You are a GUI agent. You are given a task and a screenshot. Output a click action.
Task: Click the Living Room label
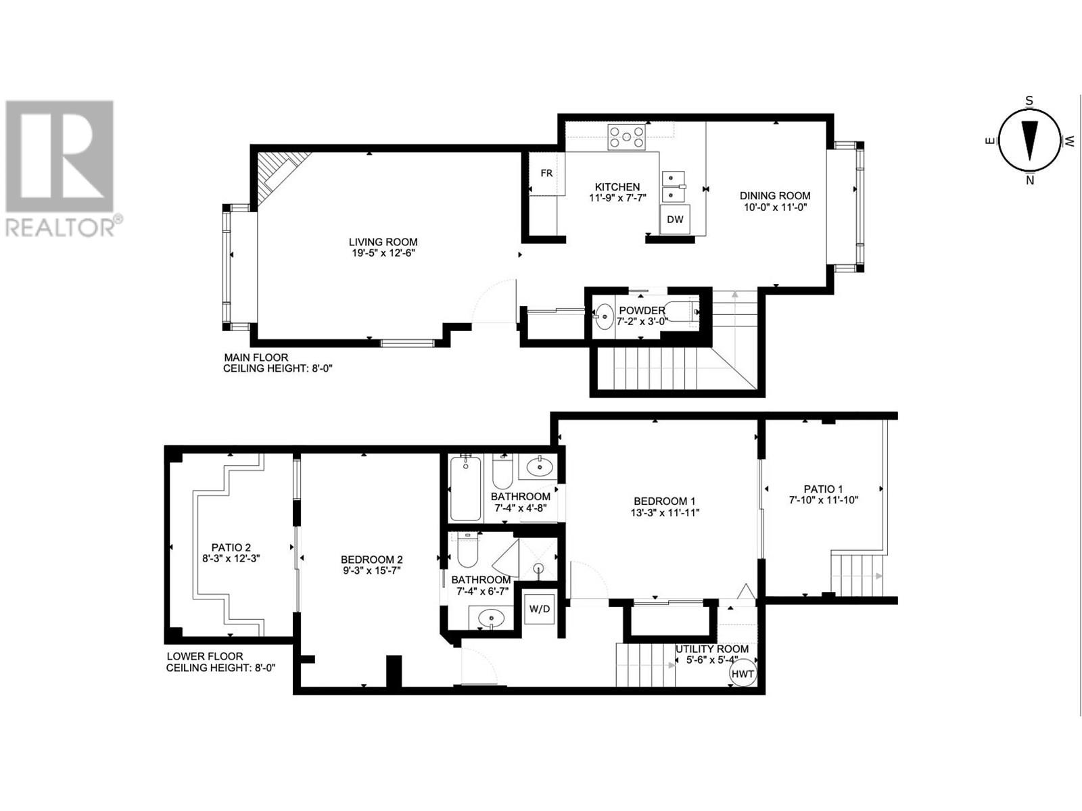[x=383, y=242]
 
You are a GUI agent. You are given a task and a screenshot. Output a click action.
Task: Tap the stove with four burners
[x=627, y=138]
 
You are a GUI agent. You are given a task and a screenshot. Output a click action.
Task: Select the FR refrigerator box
[x=546, y=174]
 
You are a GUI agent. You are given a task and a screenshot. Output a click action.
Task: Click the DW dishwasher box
[x=675, y=220]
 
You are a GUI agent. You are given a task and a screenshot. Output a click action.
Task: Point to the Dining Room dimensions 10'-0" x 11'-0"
[x=774, y=207]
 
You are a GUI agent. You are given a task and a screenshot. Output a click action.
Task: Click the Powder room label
[x=641, y=311]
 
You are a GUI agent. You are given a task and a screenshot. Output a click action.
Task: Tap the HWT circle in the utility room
[x=742, y=673]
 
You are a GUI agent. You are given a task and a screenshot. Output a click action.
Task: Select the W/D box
[x=539, y=609]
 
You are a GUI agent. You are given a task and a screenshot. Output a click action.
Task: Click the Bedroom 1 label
[x=664, y=501]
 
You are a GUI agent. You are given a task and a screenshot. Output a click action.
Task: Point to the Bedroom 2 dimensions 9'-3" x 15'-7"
[x=371, y=570]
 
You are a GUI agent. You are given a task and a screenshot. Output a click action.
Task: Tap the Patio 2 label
[x=231, y=547]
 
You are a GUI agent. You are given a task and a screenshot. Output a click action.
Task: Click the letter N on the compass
[x=1029, y=180]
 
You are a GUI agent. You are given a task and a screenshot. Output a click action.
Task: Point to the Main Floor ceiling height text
[x=278, y=368]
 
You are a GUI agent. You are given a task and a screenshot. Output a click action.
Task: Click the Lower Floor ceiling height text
[x=221, y=668]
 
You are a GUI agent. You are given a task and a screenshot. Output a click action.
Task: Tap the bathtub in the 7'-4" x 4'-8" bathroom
[x=465, y=489]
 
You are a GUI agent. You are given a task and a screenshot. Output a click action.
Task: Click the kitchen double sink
[x=672, y=187]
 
